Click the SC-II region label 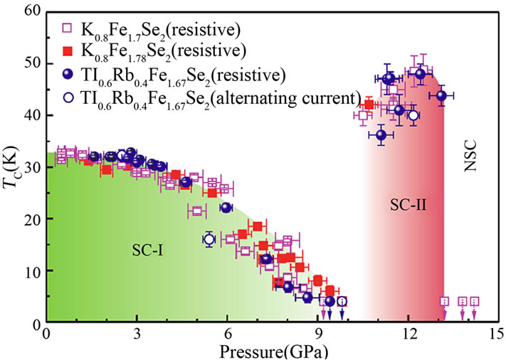(x=408, y=206)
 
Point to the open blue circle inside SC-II (x=413, y=115)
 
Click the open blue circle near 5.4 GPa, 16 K (x=209, y=239)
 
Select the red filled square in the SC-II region (x=369, y=105)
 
